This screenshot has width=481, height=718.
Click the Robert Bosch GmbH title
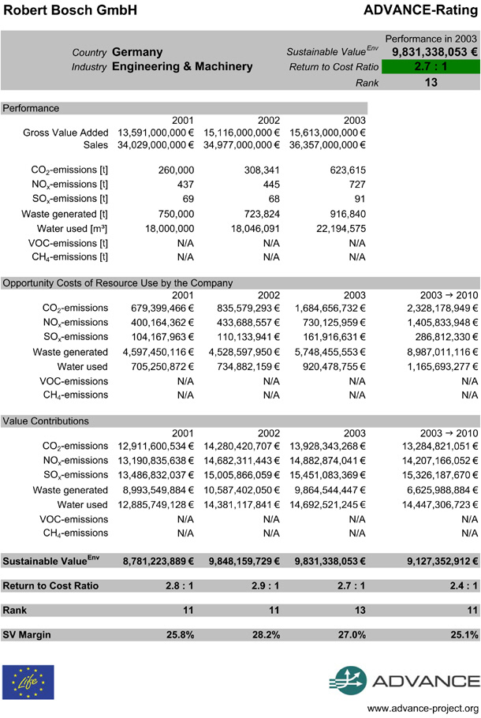(x=69, y=10)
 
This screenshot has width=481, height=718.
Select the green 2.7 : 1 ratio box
(x=431, y=67)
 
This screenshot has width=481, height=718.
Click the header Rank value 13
(x=431, y=82)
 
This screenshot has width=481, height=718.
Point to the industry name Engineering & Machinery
(x=182, y=67)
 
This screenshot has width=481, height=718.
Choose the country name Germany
(x=137, y=52)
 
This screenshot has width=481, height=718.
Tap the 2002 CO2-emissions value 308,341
(x=262, y=170)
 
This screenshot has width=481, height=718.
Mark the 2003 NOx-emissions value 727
(x=356, y=185)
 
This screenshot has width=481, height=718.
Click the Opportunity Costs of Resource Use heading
(x=118, y=282)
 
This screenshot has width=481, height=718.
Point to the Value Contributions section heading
(x=46, y=421)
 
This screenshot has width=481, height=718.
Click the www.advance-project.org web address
(x=423, y=707)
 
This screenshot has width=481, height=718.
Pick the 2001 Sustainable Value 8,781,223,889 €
(x=158, y=561)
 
